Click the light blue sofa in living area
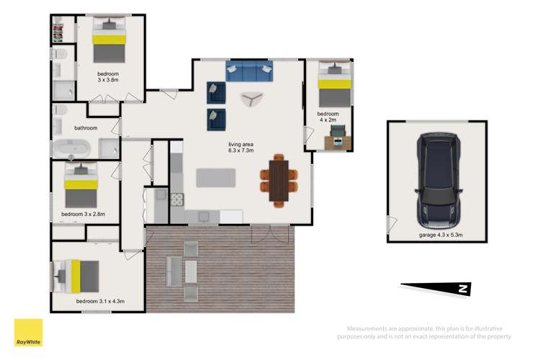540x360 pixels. click(250, 71)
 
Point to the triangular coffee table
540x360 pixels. click(252, 99)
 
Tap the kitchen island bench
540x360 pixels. click(216, 176)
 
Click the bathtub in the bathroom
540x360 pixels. click(71, 149)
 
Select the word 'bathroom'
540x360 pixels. click(86, 128)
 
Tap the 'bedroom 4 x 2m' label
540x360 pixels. click(328, 117)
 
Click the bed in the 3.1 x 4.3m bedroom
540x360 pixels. click(76, 274)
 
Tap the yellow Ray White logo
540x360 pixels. click(28, 333)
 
